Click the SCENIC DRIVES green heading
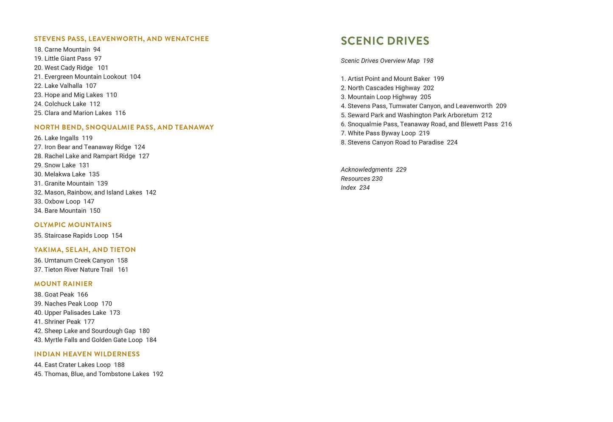pyautogui.click(x=385, y=41)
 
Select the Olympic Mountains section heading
pyautogui.click(x=73, y=225)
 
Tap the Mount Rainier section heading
pyautogui.click(x=63, y=284)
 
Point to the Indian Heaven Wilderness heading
pyautogui.click(x=87, y=354)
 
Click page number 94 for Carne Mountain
pyautogui.click(x=97, y=50)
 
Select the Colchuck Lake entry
pyautogui.click(x=65, y=104)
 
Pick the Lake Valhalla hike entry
pyautogui.click(x=63, y=86)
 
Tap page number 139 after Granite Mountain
pyautogui.click(x=102, y=183)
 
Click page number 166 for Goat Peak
pyautogui.click(x=83, y=294)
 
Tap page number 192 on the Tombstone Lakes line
pyautogui.click(x=158, y=374)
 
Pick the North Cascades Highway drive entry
pyautogui.click(x=383, y=88)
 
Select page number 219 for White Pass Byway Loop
pyautogui.click(x=424, y=133)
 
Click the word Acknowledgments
pyautogui.click(x=367, y=170)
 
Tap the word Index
pyautogui.click(x=348, y=188)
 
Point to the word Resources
pyautogui.click(x=355, y=179)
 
